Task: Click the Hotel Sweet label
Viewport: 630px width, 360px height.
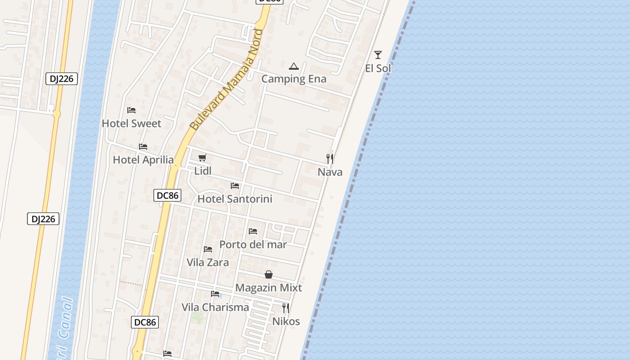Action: [131, 123]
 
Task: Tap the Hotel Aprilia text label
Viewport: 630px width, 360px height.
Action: [143, 160]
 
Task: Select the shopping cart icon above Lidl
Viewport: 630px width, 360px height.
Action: [202, 157]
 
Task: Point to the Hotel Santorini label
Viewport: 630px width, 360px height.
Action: [235, 199]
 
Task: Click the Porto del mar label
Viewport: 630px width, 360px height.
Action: [253, 244]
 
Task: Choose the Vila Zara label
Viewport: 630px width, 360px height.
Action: [207, 262]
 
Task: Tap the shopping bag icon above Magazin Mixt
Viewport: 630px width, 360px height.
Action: [269, 274]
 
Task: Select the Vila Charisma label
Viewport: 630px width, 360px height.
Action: [215, 307]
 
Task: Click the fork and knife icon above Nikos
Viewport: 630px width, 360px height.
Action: [286, 308]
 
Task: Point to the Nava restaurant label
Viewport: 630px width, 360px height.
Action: [330, 172]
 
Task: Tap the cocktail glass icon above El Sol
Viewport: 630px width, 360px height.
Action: [378, 55]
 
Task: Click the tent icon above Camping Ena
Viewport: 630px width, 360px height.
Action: [294, 66]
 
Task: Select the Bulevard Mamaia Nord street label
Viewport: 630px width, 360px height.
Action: [227, 80]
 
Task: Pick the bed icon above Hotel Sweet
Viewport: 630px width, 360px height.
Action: [131, 110]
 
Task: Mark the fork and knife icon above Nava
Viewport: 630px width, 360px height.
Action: [330, 158]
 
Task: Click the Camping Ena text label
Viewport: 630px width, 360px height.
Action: [294, 79]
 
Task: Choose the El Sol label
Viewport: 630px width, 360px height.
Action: [378, 68]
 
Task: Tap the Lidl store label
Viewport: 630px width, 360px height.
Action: [202, 171]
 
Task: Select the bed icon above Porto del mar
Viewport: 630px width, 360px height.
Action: [253, 231]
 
